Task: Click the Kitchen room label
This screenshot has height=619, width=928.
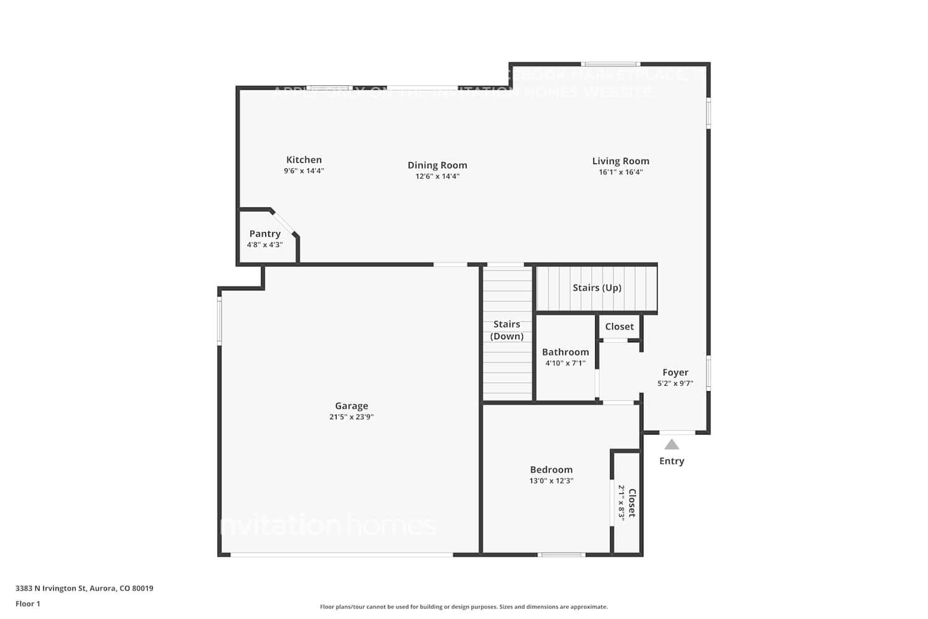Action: pyautogui.click(x=304, y=160)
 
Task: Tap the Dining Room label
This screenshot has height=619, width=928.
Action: pyautogui.click(x=437, y=165)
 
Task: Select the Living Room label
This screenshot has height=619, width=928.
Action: pyautogui.click(x=621, y=161)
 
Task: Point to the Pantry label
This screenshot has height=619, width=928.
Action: pyautogui.click(x=265, y=233)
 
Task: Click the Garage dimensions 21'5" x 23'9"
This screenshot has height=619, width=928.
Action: pyautogui.click(x=351, y=417)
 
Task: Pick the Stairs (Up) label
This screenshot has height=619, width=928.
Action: pyautogui.click(x=597, y=288)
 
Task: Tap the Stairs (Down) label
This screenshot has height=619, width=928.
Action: pyautogui.click(x=507, y=330)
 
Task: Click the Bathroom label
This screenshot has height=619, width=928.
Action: pyautogui.click(x=565, y=352)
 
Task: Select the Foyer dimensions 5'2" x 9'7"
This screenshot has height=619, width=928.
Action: pyautogui.click(x=675, y=384)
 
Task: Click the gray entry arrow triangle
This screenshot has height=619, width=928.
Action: pyautogui.click(x=672, y=444)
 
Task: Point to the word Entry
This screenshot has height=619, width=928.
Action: pyautogui.click(x=672, y=461)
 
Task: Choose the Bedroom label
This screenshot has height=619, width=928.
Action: pyautogui.click(x=551, y=470)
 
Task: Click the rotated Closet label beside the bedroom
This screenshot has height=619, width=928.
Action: pyautogui.click(x=632, y=503)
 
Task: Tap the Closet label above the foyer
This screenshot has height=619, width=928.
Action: pyautogui.click(x=619, y=327)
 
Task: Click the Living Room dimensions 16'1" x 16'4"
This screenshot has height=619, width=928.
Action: pyautogui.click(x=621, y=172)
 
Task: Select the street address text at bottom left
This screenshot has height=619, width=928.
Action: pyautogui.click(x=84, y=589)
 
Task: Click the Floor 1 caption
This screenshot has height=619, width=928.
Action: pyautogui.click(x=28, y=604)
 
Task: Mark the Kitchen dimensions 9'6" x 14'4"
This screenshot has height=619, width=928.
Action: pyautogui.click(x=304, y=171)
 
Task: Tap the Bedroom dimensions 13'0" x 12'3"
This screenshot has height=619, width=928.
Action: pyautogui.click(x=551, y=481)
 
